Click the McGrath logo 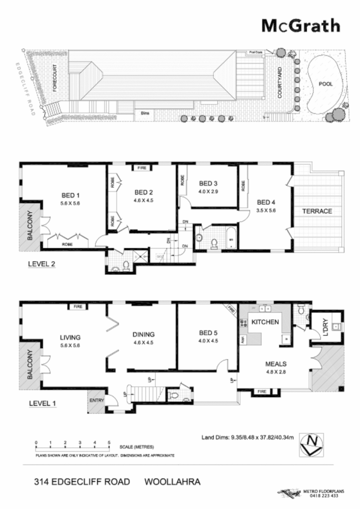point(300,25)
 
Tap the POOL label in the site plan point(325,84)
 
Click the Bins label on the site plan point(145,115)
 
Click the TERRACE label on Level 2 point(317,211)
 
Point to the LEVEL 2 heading point(42,265)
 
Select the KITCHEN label point(264,322)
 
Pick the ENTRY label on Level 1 point(97,400)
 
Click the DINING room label point(144,334)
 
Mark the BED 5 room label point(208,333)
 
